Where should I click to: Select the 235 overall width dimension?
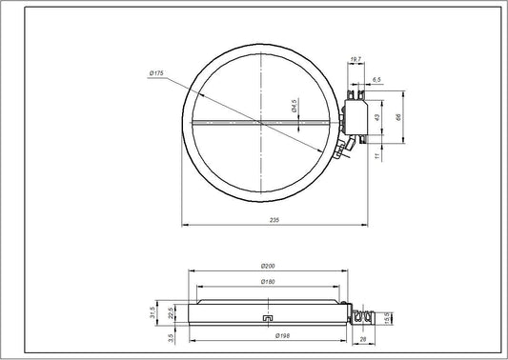[274, 221]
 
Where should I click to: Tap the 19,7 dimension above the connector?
[356, 60]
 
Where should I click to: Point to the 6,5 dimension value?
[376, 79]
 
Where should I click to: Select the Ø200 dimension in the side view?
[268, 266]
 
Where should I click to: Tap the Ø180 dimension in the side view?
[268, 283]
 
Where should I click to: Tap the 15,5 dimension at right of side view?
[385, 315]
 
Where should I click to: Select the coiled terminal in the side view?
[362, 311]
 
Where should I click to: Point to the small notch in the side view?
[268, 318]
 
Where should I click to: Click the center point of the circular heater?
[259, 121]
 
